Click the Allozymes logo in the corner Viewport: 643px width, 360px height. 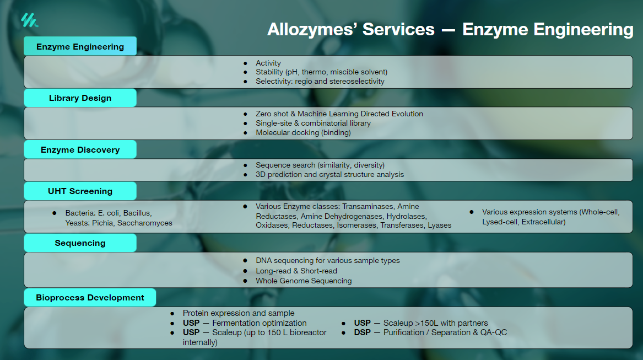tap(30, 20)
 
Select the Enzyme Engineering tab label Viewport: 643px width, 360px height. tap(80, 46)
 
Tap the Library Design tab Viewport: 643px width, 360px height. tap(80, 98)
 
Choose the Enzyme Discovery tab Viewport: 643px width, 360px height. tap(80, 150)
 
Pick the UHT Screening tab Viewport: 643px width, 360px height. tap(80, 191)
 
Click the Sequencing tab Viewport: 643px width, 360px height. tap(80, 243)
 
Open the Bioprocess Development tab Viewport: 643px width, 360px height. tap(90, 298)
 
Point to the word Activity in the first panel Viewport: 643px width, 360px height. tap(268, 63)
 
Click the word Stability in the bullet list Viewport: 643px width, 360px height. tap(269, 72)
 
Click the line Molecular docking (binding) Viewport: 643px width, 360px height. tap(303, 133)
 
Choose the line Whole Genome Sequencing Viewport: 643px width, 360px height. tap(304, 281)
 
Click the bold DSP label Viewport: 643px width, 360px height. tap(363, 332)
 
